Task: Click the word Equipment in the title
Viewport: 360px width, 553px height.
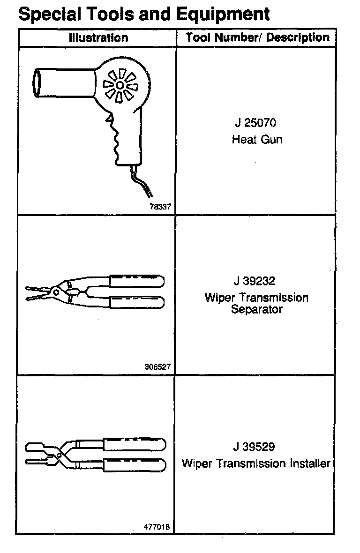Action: tap(223, 14)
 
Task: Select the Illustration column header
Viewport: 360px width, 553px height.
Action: tap(98, 37)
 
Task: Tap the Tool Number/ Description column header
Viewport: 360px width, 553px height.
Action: tap(257, 37)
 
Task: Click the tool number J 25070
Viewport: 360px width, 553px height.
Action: tap(255, 123)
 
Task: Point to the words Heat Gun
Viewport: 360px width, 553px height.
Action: tap(257, 139)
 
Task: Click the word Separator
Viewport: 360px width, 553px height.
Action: tap(257, 309)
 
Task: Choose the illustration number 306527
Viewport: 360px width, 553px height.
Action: tap(157, 367)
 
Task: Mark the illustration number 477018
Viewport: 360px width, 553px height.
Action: tap(157, 527)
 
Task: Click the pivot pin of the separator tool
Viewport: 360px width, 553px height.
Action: tap(56, 291)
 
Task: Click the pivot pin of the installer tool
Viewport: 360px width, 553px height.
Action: tap(59, 454)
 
